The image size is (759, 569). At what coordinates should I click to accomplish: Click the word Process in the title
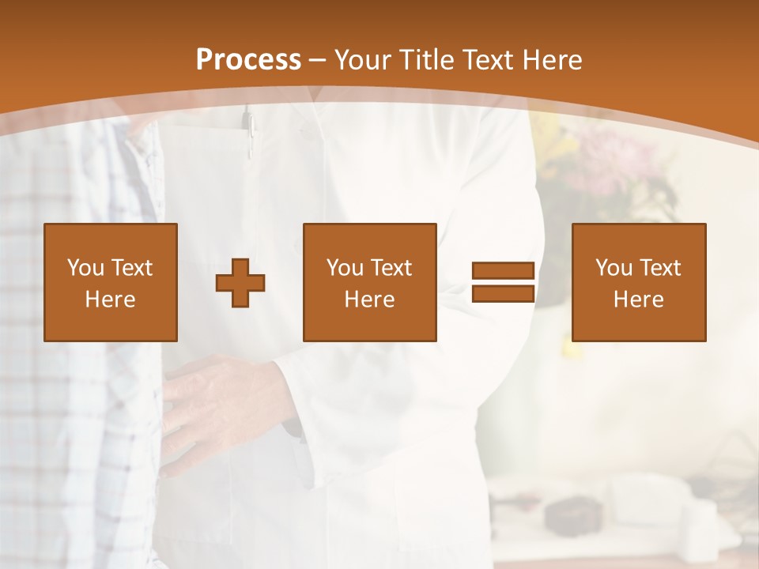click(x=248, y=59)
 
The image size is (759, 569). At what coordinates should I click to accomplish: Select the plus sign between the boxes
click(x=240, y=283)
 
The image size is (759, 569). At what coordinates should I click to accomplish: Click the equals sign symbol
click(x=503, y=283)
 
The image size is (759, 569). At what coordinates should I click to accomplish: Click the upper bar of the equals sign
click(x=503, y=271)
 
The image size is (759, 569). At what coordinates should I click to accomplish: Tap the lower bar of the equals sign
click(x=503, y=293)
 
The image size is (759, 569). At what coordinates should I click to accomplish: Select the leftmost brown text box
click(x=110, y=282)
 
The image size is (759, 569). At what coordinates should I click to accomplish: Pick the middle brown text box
click(x=369, y=282)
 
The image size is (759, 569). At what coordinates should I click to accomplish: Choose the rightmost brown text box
click(x=638, y=282)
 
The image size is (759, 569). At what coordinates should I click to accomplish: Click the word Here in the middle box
click(x=369, y=300)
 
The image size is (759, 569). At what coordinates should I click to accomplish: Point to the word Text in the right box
click(x=661, y=268)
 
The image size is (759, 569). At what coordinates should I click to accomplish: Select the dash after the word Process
click(x=318, y=60)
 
